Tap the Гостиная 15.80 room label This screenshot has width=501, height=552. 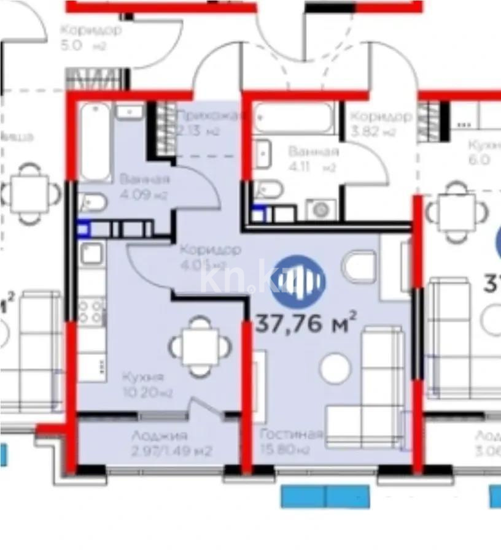click(x=291, y=442)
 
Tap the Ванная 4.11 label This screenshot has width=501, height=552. click(x=313, y=159)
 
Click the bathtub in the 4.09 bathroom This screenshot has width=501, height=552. click(x=95, y=142)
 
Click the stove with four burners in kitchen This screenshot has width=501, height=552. click(x=91, y=310)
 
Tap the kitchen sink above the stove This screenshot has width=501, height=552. click(x=91, y=253)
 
